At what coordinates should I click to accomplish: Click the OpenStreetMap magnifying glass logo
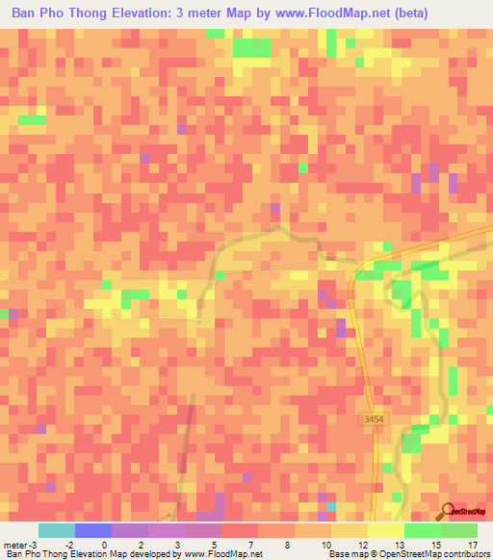coord(448,511)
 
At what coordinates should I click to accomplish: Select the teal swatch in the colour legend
coord(57,530)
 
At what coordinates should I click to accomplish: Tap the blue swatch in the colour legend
coord(93,530)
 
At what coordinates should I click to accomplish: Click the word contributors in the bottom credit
coord(466,554)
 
